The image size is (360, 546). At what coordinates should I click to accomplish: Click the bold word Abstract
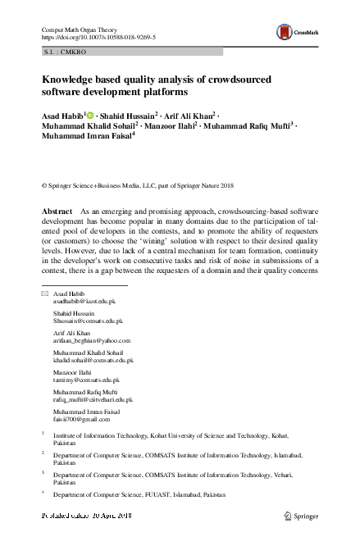[57, 212]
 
